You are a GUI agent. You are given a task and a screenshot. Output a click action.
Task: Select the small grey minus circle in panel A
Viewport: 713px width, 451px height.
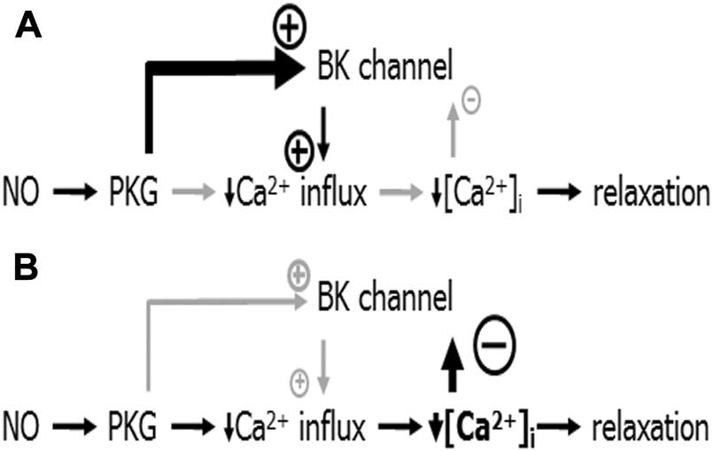(x=471, y=102)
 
